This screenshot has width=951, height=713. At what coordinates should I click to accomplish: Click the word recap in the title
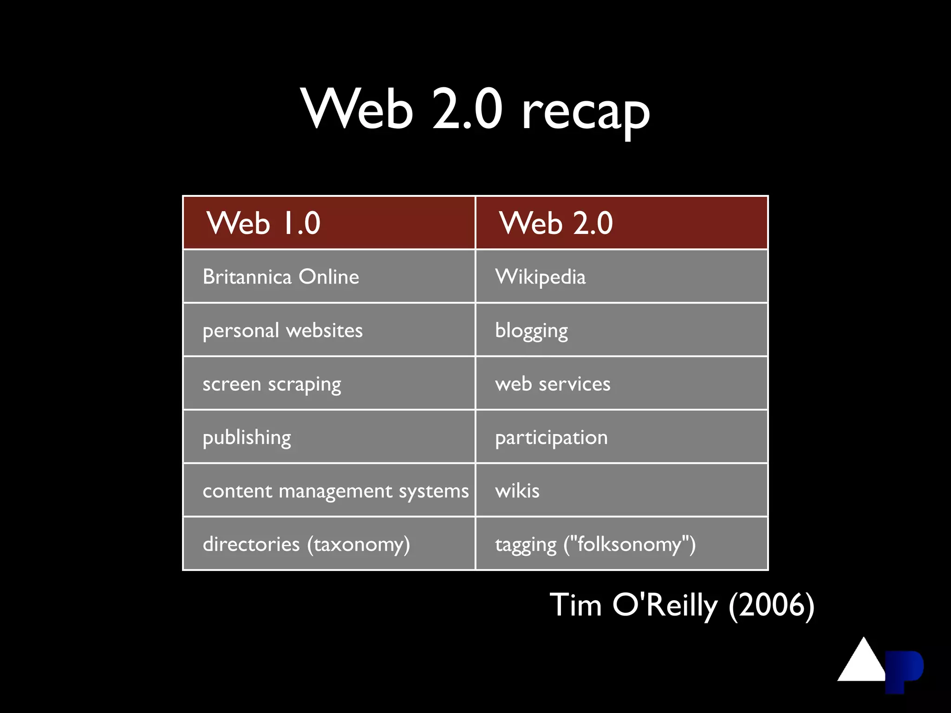(x=586, y=113)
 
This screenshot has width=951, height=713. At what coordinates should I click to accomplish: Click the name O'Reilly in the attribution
(x=665, y=605)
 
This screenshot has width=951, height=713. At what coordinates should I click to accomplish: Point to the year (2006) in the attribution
(x=771, y=605)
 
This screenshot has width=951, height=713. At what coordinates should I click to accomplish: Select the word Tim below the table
(x=576, y=605)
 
